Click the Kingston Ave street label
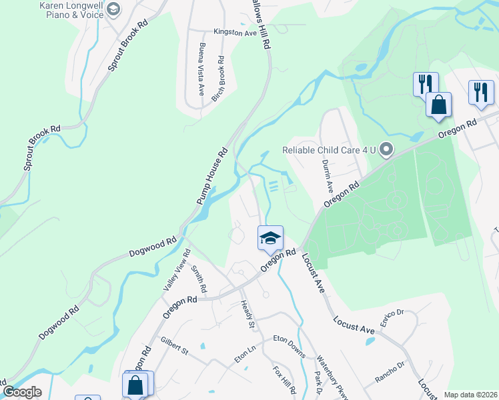point(234,31)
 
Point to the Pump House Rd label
point(212,175)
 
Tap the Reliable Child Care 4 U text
point(329,150)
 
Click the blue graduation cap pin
point(270,238)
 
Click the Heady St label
point(247,315)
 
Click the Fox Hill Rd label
point(283,380)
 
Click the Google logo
point(22,391)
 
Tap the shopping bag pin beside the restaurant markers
point(438,104)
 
